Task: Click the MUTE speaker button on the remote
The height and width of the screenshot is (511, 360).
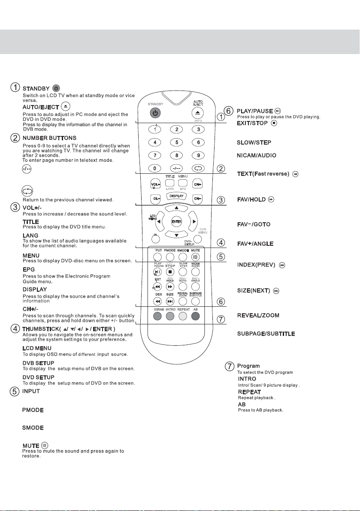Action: tap(196, 257)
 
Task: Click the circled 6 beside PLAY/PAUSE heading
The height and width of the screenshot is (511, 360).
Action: tap(230, 112)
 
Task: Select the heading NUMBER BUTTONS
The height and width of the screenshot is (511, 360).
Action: tap(49, 138)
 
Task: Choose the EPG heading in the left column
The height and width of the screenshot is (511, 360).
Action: tap(28, 269)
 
